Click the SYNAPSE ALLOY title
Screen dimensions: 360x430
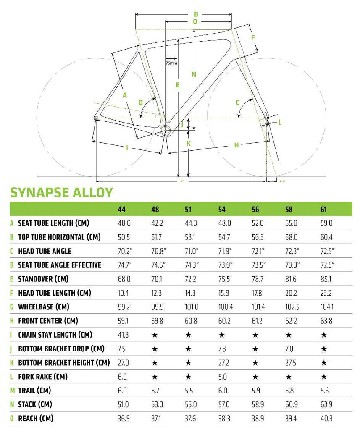(61, 192)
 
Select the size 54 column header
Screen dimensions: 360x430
(222, 210)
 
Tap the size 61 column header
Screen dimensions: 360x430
(324, 210)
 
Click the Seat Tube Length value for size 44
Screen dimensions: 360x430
(124, 223)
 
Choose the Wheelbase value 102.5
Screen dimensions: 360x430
(292, 307)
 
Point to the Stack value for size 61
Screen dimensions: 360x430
(326, 404)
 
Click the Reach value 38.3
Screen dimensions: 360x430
(224, 419)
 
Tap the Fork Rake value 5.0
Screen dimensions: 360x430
(223, 377)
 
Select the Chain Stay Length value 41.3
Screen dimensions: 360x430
(123, 335)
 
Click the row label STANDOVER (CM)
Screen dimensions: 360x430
(43, 279)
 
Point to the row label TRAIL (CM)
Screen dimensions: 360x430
(34, 391)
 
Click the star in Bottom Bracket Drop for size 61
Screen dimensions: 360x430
(324, 349)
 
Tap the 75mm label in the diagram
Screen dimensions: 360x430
(171, 63)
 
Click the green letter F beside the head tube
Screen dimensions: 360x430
(253, 37)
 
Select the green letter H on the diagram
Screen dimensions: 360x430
(236, 145)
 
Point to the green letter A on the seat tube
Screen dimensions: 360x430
(125, 95)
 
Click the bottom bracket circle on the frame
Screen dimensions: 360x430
(166, 131)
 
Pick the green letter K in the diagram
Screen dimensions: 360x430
(188, 144)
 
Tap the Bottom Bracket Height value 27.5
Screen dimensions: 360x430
(291, 363)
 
